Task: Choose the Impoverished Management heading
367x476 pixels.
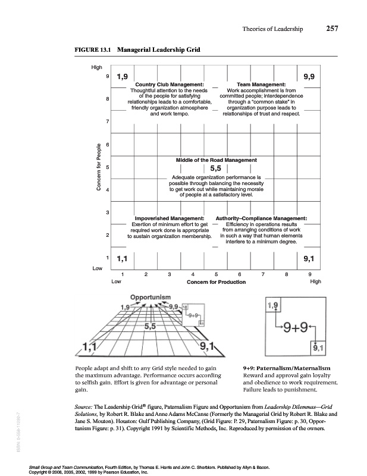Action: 170,218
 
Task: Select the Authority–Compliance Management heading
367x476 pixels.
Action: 261,218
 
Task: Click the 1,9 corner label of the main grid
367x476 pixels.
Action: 123,76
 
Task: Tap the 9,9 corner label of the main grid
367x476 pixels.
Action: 309,76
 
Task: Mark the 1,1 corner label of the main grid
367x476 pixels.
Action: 124,258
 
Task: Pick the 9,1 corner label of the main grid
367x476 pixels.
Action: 309,258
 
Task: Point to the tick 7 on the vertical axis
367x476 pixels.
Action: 107,121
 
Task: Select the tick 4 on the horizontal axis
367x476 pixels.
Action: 193,274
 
